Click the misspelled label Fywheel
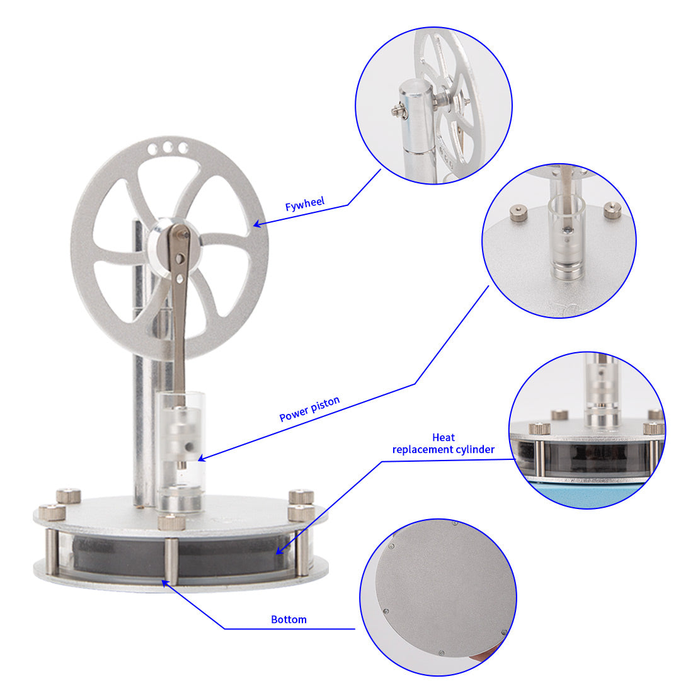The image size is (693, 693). [305, 204]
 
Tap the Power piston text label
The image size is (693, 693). [309, 408]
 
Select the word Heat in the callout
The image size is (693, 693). [444, 437]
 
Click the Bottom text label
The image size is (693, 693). [289, 619]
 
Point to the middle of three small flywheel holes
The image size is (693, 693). [168, 147]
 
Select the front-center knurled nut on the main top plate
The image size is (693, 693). [171, 522]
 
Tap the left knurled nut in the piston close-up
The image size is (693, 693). [518, 214]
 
